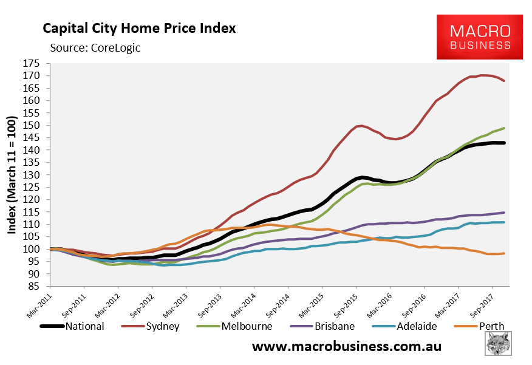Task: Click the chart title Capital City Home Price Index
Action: pyautogui.click(x=138, y=28)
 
